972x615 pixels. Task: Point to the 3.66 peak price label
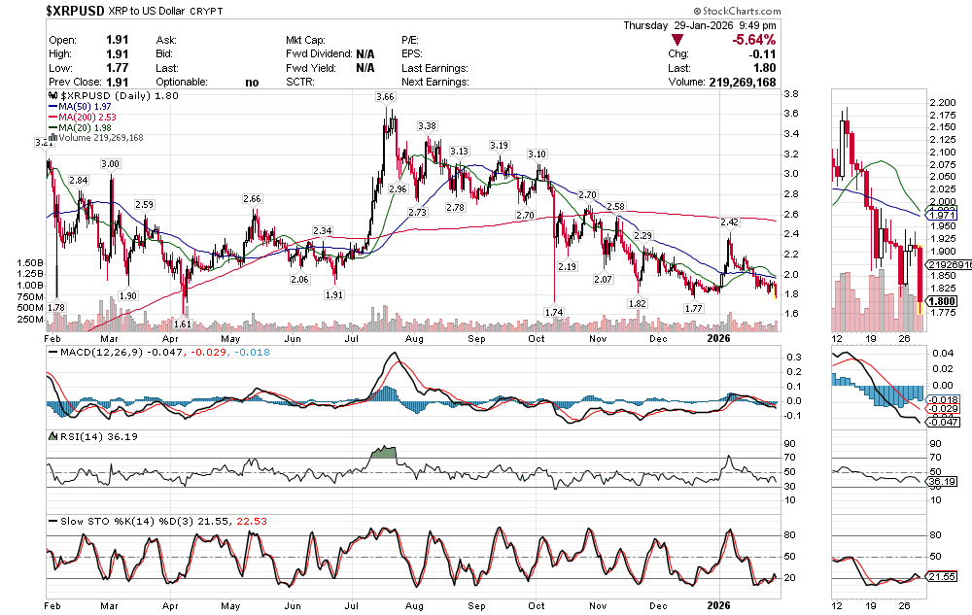(x=386, y=97)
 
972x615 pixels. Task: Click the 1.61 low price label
(x=184, y=324)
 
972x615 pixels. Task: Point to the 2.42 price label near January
(x=729, y=222)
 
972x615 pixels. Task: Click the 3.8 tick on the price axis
(x=791, y=94)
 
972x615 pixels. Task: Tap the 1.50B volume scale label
(x=30, y=262)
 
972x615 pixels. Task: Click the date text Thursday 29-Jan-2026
(x=700, y=25)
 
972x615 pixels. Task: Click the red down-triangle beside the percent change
(x=677, y=40)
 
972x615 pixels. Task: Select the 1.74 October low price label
(x=554, y=311)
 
